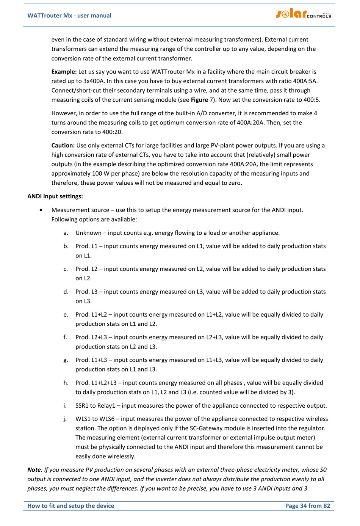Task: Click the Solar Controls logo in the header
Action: click(304, 14)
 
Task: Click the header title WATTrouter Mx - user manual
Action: click(69, 16)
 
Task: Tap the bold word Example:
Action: click(64, 72)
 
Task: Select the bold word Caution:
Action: click(63, 145)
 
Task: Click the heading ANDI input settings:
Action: click(55, 196)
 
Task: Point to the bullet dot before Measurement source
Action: click(41, 210)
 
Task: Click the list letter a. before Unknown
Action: click(66, 233)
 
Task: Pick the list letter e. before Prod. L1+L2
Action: click(66, 314)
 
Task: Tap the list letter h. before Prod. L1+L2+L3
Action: click(66, 383)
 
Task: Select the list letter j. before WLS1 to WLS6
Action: click(65, 419)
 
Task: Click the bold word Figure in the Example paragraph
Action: click(199, 100)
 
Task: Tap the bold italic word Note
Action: click(34, 469)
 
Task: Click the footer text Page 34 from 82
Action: click(307, 506)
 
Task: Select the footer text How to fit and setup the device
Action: click(70, 506)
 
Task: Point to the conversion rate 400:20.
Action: click(112, 132)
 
